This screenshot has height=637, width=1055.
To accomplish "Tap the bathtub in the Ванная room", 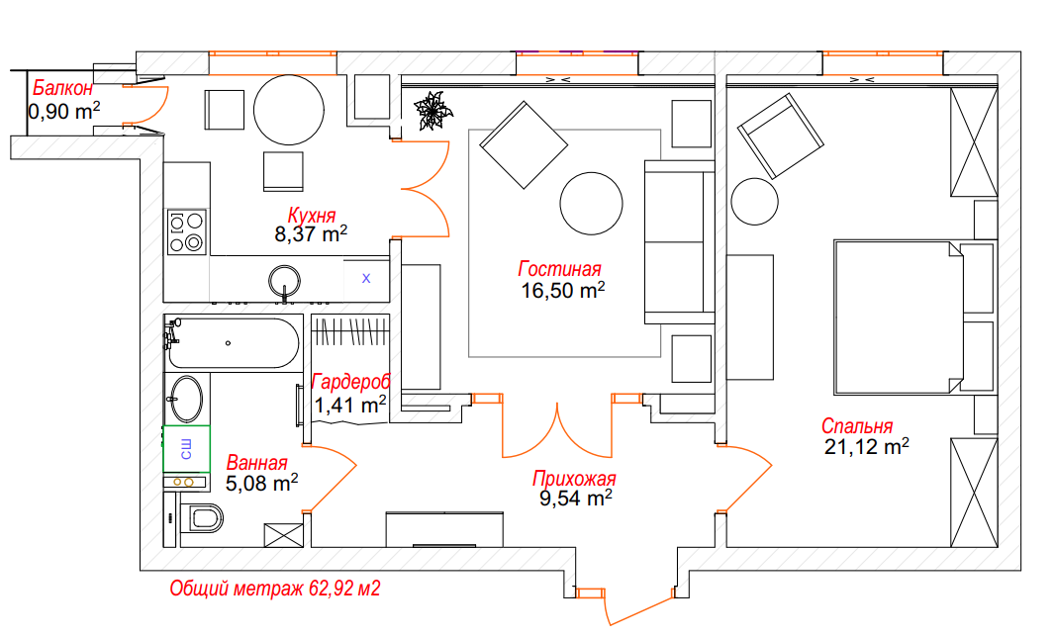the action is (x=233, y=343).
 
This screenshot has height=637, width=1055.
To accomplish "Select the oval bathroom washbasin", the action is (x=186, y=399).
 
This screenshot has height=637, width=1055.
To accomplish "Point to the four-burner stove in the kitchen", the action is (x=186, y=232).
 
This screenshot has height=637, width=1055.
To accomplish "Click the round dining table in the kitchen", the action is (x=289, y=110).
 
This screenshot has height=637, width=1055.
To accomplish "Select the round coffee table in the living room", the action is (x=592, y=204).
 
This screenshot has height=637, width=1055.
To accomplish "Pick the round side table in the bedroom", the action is (x=755, y=201).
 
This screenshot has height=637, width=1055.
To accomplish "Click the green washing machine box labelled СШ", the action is (x=186, y=449).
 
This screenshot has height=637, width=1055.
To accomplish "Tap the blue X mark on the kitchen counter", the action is (x=366, y=278).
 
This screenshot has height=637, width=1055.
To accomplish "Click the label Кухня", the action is (x=312, y=216).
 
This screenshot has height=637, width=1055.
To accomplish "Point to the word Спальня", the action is (x=857, y=425).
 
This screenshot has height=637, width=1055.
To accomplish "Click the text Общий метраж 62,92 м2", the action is (x=274, y=589).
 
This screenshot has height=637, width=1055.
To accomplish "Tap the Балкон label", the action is (x=62, y=88).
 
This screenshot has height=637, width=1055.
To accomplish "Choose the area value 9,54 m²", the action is (x=575, y=498).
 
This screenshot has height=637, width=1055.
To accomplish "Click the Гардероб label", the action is (x=351, y=382).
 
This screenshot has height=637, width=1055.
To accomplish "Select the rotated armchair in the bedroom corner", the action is (x=781, y=136).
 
